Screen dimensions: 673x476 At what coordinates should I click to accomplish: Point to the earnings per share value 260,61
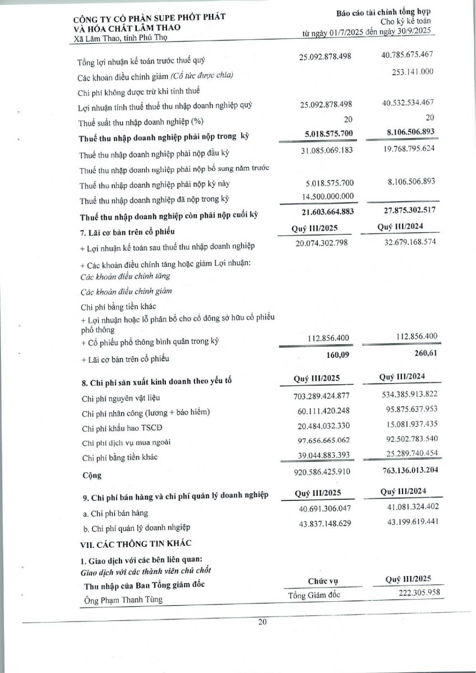point(418,354)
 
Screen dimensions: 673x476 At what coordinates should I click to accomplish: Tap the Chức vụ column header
point(322,581)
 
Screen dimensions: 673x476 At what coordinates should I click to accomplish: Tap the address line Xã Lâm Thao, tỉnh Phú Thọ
point(121,38)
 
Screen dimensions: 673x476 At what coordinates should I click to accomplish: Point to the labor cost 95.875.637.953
point(403,412)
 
